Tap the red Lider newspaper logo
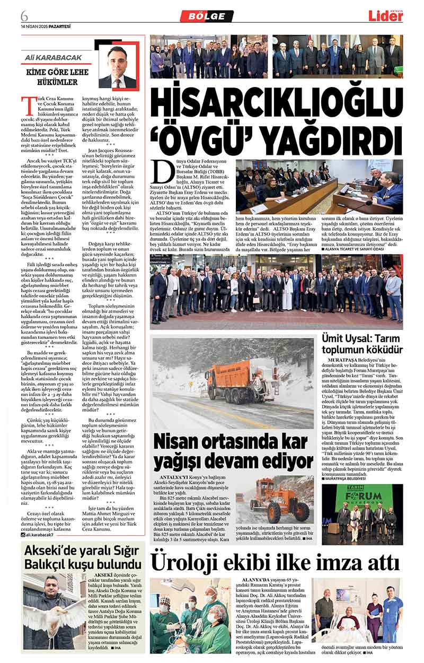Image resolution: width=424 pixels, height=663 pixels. [386, 16]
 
